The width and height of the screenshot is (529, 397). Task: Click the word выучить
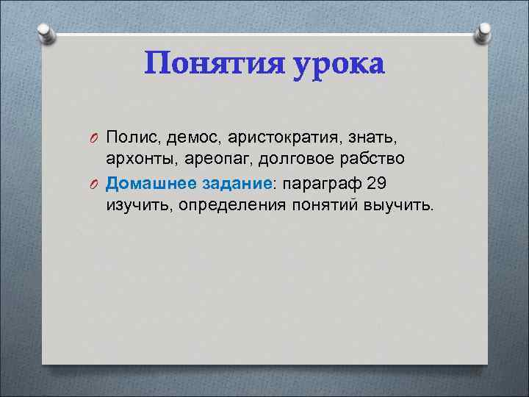coord(399,204)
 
